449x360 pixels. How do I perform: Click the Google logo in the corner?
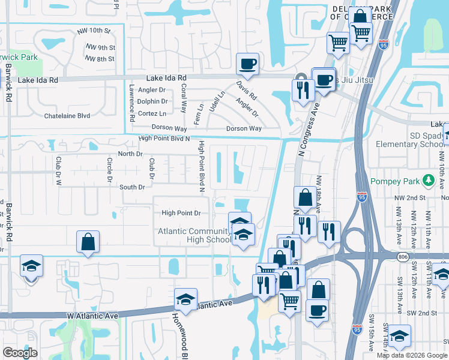pos(20,352)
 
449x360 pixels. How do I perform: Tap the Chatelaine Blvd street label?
pos(67,116)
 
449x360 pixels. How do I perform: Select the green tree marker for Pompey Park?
pos(427,181)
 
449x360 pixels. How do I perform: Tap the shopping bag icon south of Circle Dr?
pos(88,242)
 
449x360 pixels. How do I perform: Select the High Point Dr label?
pos(181,213)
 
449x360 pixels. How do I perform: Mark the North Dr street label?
pos(130,154)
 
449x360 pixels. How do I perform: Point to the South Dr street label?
pos(132,187)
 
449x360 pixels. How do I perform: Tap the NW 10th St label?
pos(94,31)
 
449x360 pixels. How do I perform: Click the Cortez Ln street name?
pos(152,113)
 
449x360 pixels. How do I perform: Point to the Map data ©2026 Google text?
pos(411,355)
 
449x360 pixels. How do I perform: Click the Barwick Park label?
pos(19,58)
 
